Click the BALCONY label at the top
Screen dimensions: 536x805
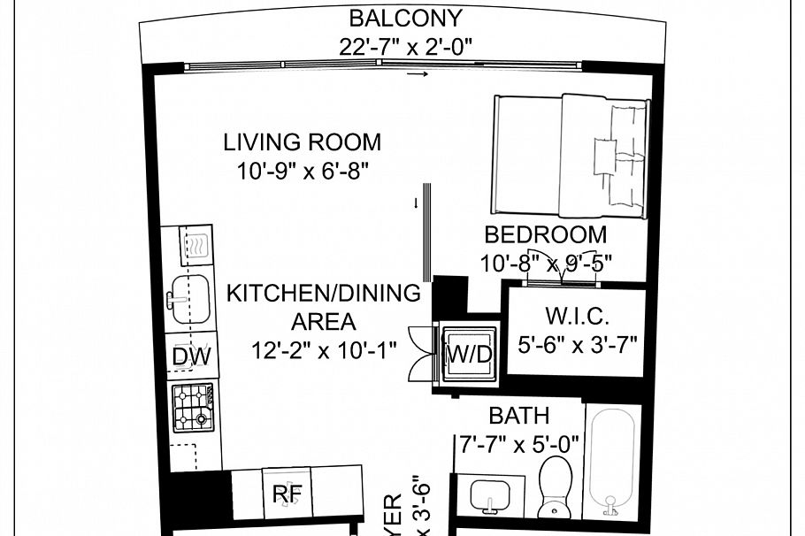point(394,18)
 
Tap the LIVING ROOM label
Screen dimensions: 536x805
point(302,142)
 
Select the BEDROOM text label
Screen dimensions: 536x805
point(546,234)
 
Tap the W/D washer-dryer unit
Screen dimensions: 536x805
point(470,354)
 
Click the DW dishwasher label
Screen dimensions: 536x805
point(190,356)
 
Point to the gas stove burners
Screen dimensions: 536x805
point(192,407)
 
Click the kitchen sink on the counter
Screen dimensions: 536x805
point(188,299)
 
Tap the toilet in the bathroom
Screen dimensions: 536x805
point(557,482)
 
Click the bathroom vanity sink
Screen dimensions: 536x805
point(488,495)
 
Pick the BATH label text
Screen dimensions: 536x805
point(519,415)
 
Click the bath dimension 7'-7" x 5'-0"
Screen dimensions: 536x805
point(519,443)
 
